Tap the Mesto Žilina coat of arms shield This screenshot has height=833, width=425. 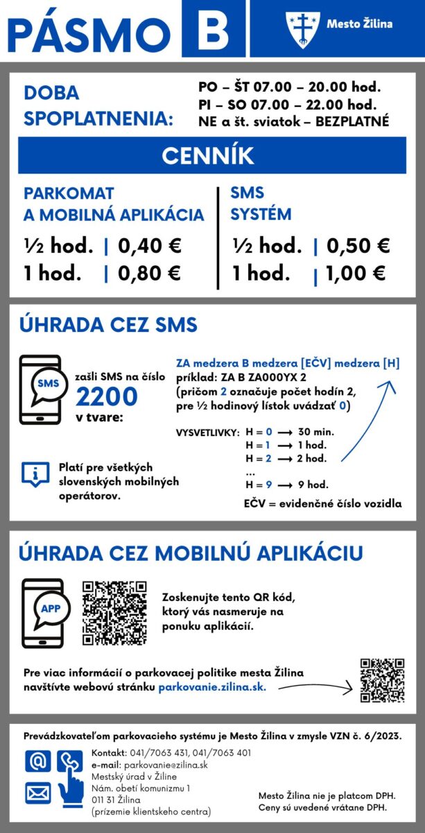302,28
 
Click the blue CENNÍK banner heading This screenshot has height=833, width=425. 212,155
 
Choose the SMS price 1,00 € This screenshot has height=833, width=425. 356,273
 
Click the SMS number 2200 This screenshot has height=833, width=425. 107,396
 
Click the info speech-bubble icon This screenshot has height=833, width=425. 34,473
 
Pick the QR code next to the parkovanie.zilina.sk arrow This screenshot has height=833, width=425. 382,680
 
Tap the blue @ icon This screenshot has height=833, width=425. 37,762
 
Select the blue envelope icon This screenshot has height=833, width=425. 37,792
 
